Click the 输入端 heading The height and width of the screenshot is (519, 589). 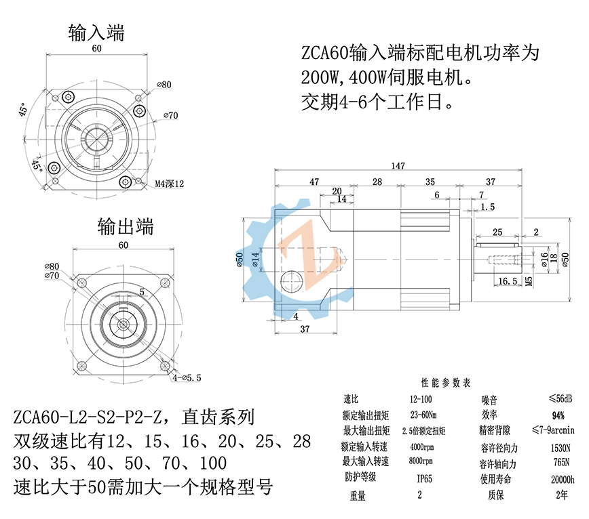pos(96,31)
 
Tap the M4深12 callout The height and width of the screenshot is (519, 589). pos(170,184)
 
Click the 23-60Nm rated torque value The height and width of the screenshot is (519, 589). pos(423,414)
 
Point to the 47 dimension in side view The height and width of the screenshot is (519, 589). pos(314,182)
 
